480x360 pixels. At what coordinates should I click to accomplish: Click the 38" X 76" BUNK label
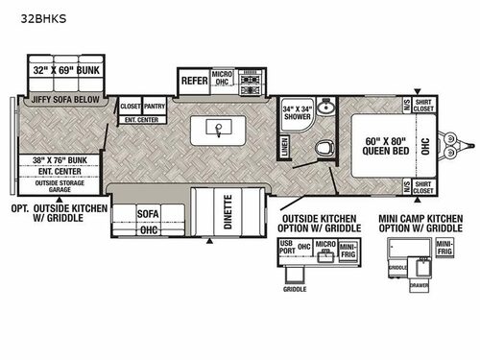point(60,161)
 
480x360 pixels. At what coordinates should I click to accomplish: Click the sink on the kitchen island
point(219,128)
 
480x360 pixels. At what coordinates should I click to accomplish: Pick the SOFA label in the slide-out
point(147,214)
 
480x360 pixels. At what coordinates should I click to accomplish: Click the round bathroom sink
point(324,108)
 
